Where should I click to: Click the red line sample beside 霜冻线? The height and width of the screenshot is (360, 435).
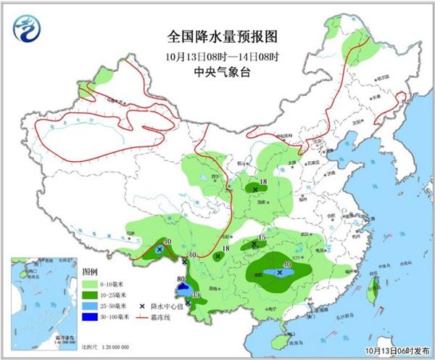133,317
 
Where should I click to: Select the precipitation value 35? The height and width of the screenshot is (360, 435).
196,295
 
